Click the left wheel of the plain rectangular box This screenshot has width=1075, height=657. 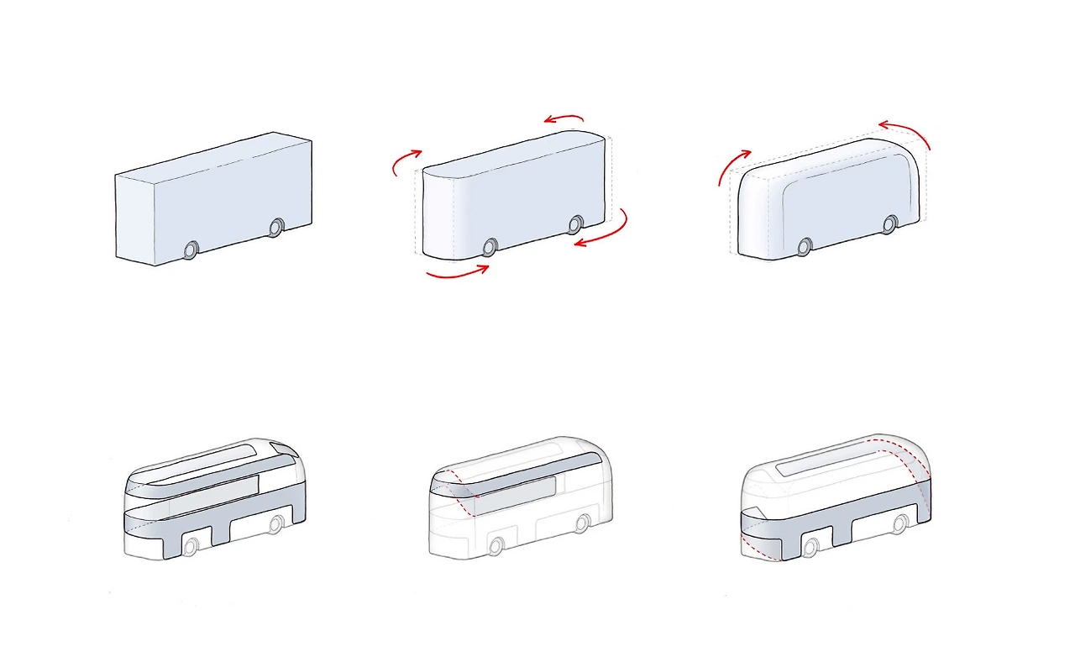click(191, 250)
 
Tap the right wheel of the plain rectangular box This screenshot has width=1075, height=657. click(276, 228)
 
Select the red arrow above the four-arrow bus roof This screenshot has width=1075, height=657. click(563, 119)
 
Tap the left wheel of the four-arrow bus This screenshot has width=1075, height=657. click(490, 246)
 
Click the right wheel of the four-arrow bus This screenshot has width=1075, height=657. click(575, 224)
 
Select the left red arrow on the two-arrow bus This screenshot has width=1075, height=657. click(732, 166)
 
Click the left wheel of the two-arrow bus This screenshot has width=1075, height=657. click(805, 246)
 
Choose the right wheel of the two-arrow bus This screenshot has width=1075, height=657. click(889, 224)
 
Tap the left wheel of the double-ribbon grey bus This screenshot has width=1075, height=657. click(190, 546)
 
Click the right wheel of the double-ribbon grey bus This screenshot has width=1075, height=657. click(275, 525)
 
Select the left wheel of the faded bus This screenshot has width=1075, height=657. click(496, 546)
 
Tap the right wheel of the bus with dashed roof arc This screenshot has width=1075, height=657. click(899, 525)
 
